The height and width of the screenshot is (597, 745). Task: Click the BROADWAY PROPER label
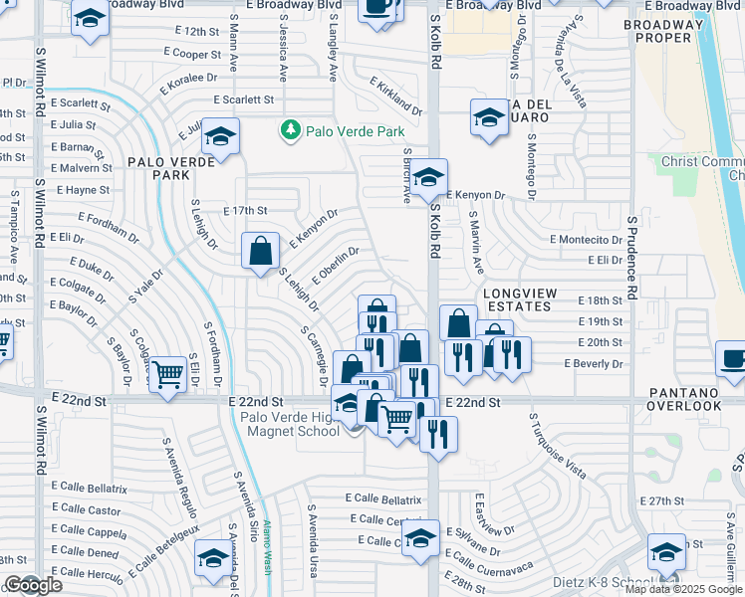(x=670, y=30)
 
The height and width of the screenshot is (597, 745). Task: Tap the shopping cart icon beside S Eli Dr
(x=169, y=375)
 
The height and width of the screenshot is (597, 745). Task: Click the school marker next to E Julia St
(x=221, y=136)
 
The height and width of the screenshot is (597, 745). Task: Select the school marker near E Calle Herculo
(x=213, y=559)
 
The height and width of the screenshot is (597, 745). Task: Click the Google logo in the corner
(x=33, y=585)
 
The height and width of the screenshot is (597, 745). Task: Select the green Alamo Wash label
(x=267, y=552)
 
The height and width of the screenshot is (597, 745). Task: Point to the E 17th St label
(x=245, y=211)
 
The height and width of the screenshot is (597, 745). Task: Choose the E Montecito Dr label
(x=586, y=240)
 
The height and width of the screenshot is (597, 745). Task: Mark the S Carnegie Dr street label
(x=314, y=354)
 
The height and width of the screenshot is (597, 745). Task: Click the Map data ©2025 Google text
(x=683, y=589)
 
